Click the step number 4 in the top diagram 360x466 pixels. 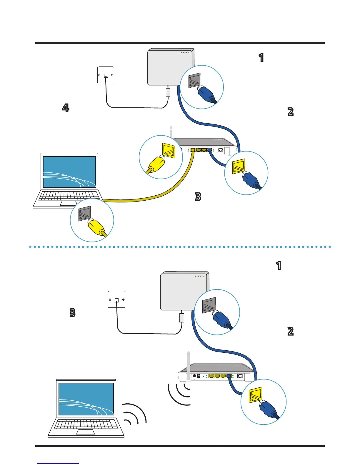point(66,108)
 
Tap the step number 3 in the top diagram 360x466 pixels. point(198,197)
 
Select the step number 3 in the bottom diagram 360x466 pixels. point(72,312)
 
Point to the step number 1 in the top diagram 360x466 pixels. point(261,58)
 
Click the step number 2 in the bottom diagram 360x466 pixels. point(290,331)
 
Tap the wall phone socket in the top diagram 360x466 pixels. point(106,75)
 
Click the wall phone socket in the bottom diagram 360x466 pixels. point(116,299)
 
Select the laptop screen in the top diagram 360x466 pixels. point(69,172)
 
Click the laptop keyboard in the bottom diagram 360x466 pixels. point(86,424)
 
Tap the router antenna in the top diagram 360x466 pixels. point(171,132)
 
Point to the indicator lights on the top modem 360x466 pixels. point(185,53)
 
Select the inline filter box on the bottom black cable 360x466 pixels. point(182,318)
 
